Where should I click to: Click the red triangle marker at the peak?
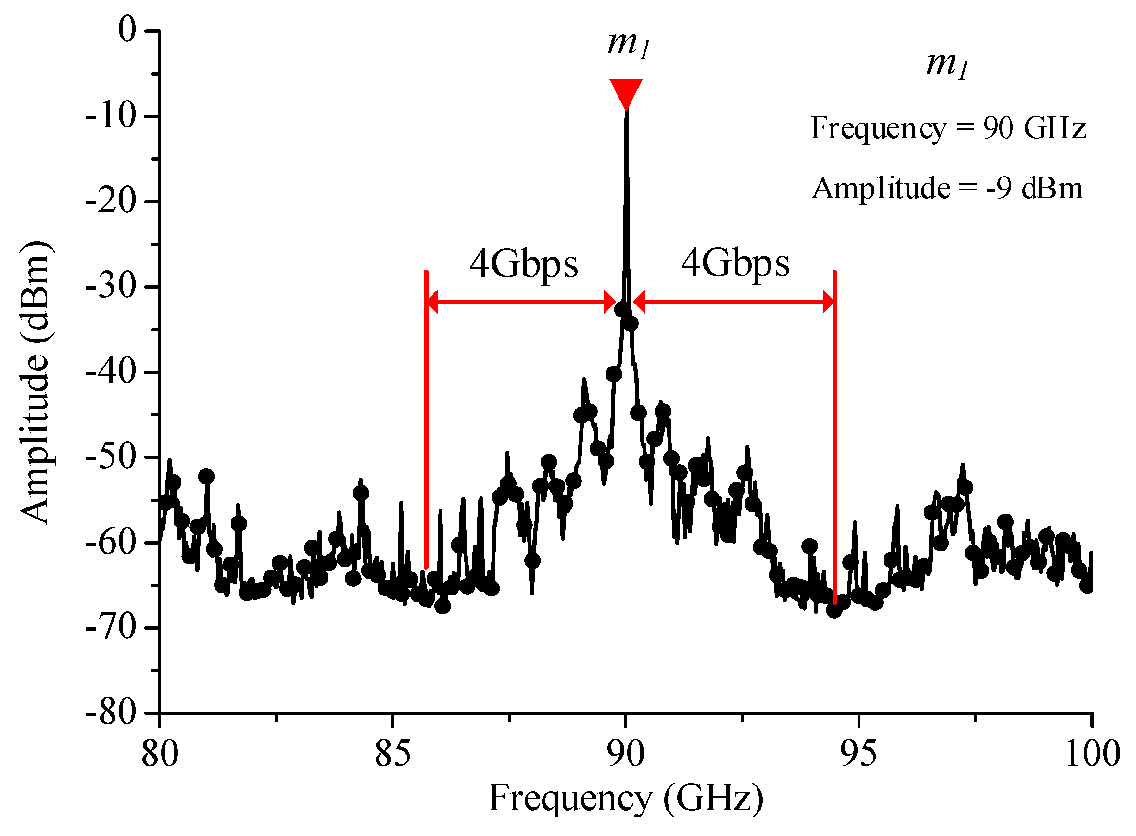point(625,92)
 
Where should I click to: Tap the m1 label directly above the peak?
point(628,45)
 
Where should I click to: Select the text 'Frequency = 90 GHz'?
point(948,128)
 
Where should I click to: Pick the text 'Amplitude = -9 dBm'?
point(947,188)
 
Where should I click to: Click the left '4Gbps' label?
point(523,264)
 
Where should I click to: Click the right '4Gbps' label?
point(735,264)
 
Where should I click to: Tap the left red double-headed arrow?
point(521,302)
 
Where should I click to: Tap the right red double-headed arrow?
point(734,302)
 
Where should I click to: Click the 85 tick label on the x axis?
point(392,754)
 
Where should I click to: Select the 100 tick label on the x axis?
point(1092,754)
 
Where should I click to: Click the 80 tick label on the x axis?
point(159,754)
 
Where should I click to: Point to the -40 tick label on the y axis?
point(111,372)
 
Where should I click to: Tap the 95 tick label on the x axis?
point(858,754)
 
